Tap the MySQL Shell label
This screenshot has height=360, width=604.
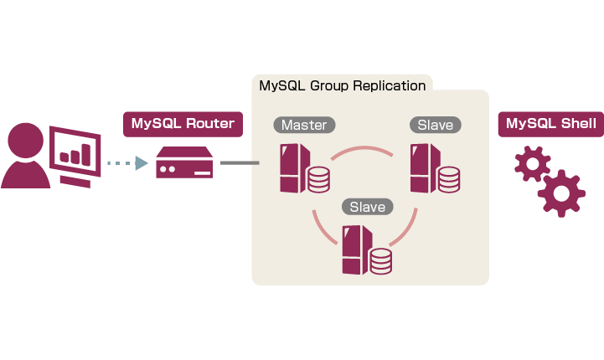550,125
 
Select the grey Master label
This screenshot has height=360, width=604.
304,125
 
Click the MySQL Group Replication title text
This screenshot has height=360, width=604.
343,85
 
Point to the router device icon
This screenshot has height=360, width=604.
184,163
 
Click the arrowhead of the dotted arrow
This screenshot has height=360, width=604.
141,163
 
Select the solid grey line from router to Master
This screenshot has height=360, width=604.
240,163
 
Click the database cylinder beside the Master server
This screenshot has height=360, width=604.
318,179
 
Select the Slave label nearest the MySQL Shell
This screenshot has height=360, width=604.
435,125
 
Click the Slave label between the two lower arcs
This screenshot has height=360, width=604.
367,206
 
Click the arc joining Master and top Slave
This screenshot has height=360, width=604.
361,150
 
